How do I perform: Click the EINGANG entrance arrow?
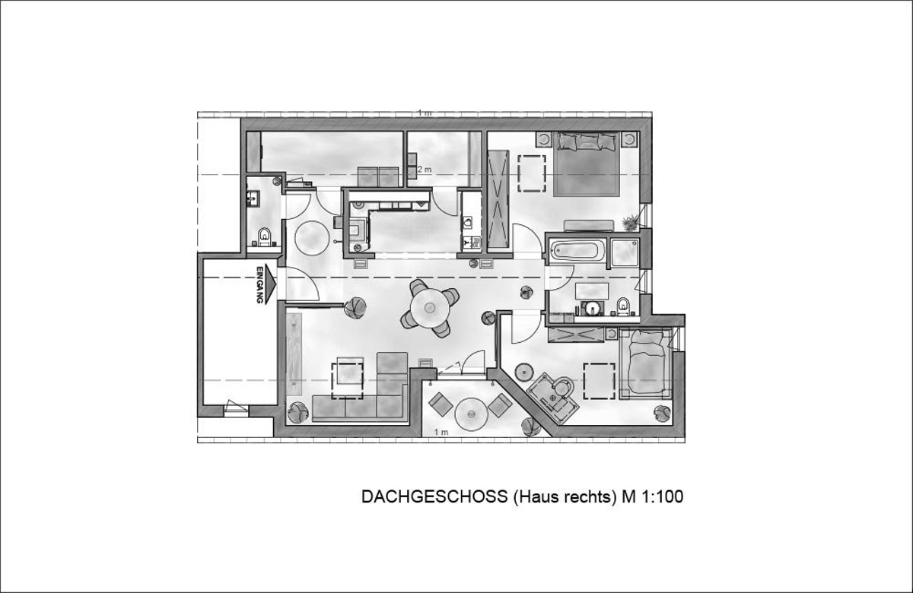tap(266, 284)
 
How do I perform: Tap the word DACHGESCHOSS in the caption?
tap(434, 497)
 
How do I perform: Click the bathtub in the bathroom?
tap(577, 251)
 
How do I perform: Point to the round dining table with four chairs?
tap(430, 308)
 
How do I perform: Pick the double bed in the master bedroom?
tap(587, 163)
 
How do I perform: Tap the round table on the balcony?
tap(471, 414)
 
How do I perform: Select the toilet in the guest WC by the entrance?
tap(265, 237)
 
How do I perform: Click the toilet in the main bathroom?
tap(623, 306)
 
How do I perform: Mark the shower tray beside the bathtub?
tap(625, 253)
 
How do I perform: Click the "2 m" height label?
tap(425, 170)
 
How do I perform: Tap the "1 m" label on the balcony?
tap(441, 432)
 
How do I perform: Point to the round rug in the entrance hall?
tap(312, 238)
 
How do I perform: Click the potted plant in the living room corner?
tap(297, 412)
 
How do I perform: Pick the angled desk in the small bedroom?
tap(552, 398)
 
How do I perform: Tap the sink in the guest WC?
tap(253, 198)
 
